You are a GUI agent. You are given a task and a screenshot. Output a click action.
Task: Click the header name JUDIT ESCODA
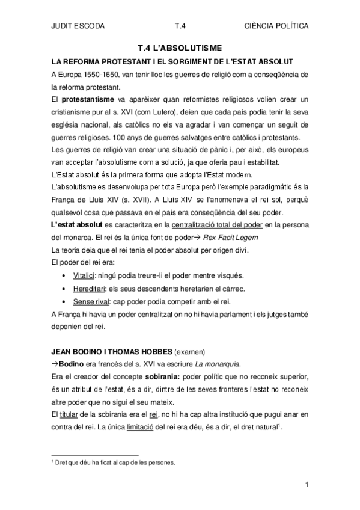point(78,26)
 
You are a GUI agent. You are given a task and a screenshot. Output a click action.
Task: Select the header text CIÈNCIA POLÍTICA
point(277,26)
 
